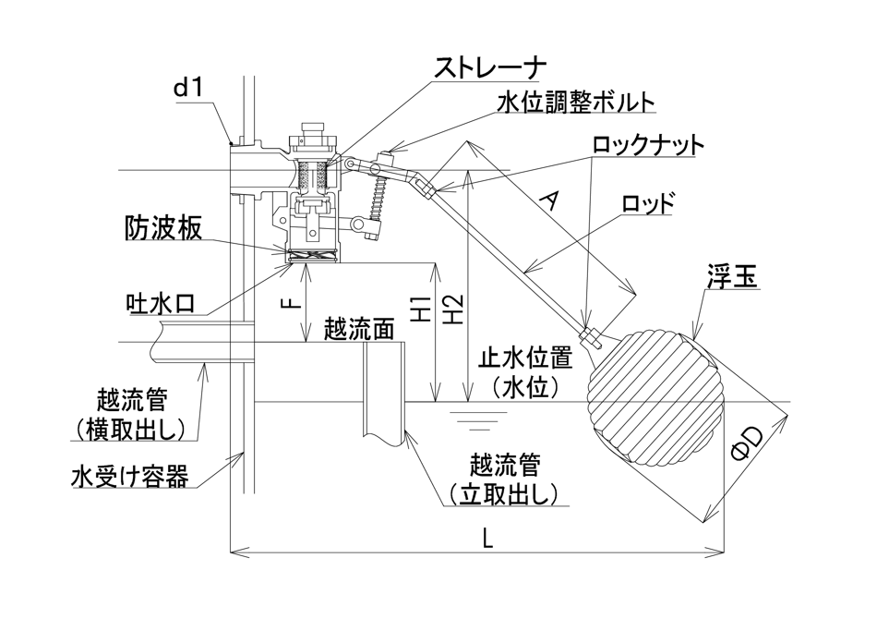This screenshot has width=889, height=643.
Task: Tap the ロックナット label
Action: coord(648,144)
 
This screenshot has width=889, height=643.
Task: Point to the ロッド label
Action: coord(649,203)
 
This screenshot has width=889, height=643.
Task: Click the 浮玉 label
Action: coord(733,275)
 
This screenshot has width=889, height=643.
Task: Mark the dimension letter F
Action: coord(288,305)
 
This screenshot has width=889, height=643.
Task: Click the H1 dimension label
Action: coord(421,310)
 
